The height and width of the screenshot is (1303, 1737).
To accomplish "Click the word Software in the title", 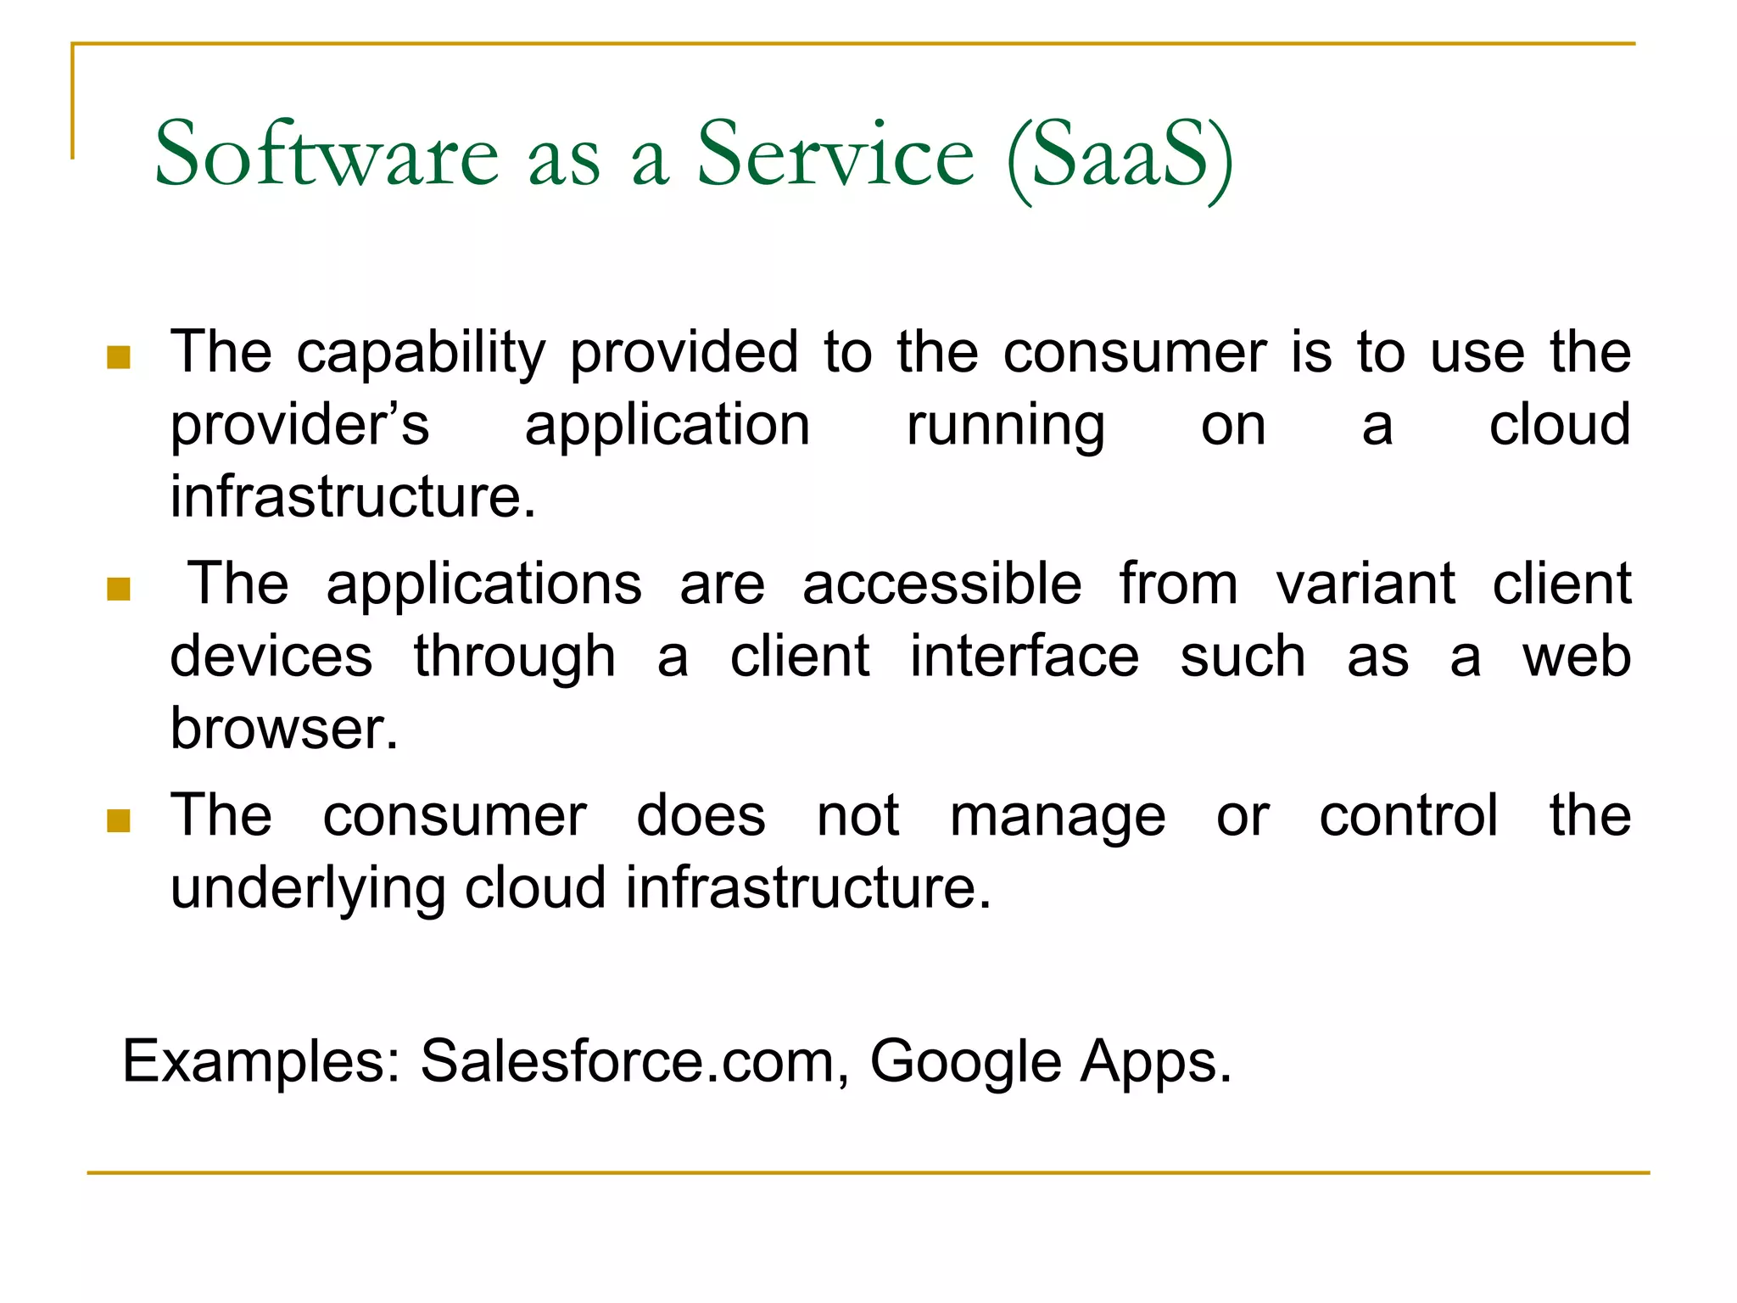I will point(327,154).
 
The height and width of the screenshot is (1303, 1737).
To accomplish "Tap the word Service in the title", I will point(835,154).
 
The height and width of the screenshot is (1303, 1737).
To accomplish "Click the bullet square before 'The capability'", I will point(119,357).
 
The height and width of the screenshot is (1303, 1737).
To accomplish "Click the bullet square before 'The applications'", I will point(119,589).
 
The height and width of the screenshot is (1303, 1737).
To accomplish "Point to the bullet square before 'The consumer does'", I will point(119,820).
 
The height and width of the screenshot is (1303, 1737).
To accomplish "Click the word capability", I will point(421,353).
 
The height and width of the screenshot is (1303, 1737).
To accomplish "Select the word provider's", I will point(299,425).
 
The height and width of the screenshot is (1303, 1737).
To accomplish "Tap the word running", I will point(1005,427).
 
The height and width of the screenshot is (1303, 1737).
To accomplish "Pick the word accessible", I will point(941,584).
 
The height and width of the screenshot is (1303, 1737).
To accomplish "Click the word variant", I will point(1366,584).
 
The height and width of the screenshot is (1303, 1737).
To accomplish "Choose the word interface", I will point(1025,657).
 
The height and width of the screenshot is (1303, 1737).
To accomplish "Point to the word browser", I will point(284,729).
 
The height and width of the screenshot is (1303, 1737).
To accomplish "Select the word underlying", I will point(308,890).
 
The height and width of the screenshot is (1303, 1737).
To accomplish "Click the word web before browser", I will point(1576,657).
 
